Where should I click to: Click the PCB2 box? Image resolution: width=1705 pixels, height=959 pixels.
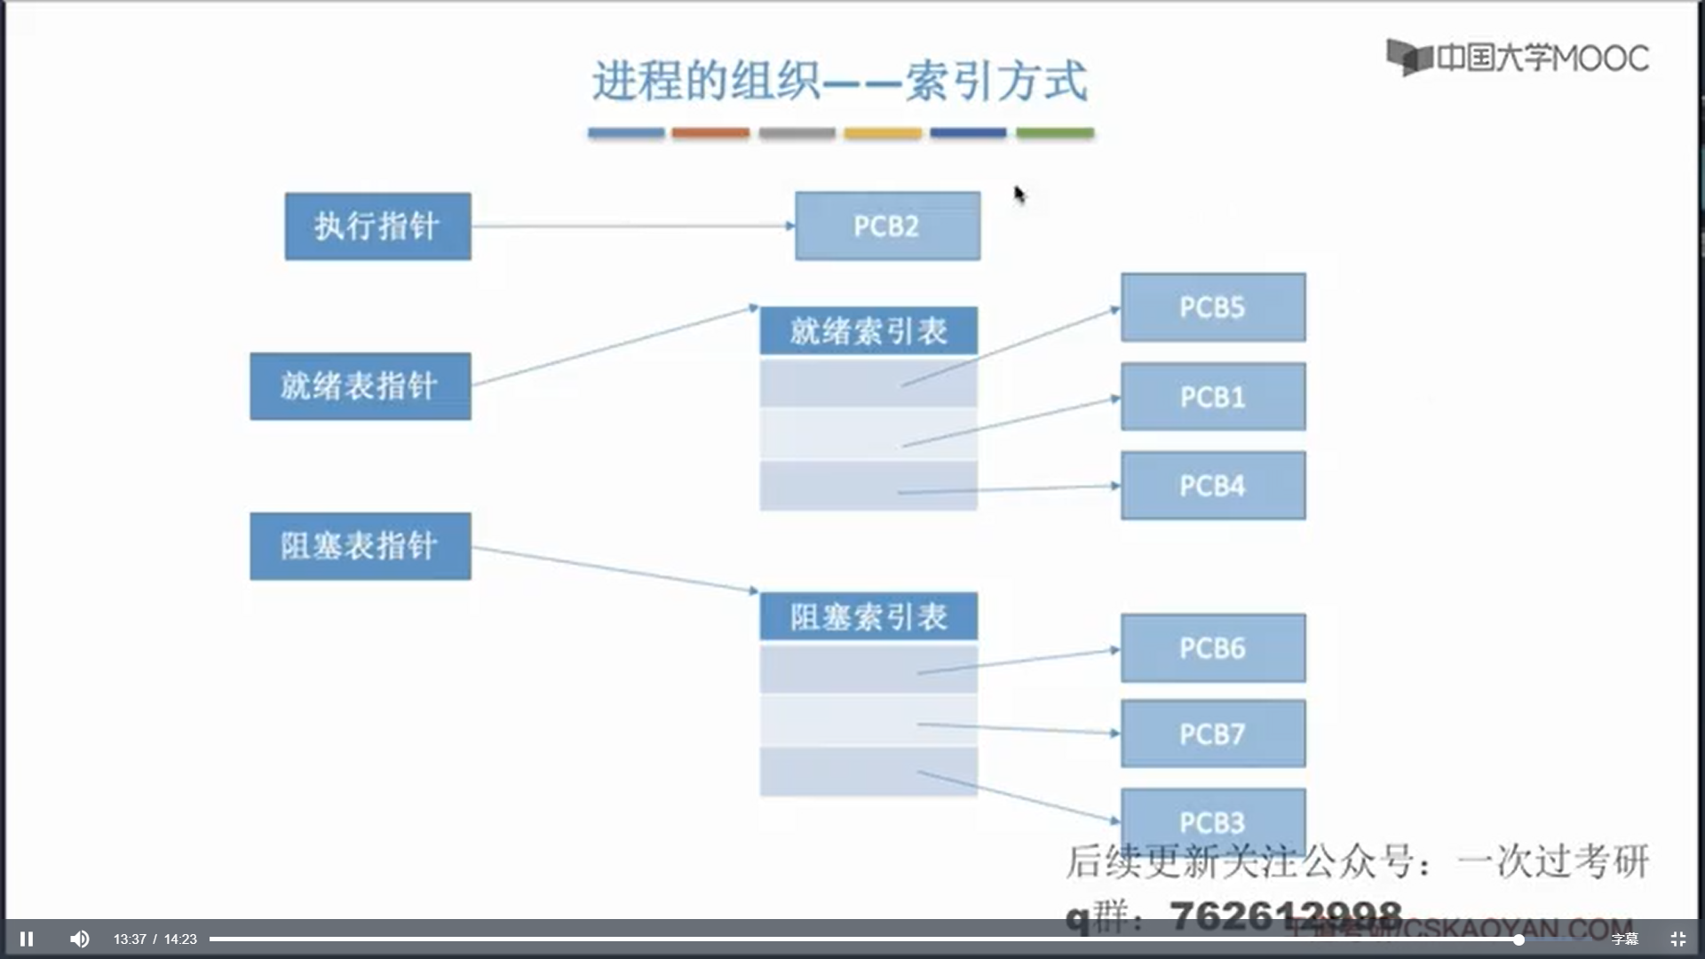pos(887,226)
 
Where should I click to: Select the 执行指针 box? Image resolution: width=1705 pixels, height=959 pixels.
pos(377,226)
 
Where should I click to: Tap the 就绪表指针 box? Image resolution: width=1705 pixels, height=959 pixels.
pos(360,386)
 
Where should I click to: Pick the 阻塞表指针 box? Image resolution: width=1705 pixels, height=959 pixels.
pos(360,546)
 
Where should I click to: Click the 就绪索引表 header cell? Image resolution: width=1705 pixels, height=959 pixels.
pos(868,331)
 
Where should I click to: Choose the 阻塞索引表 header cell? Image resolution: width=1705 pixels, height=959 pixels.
pos(868,616)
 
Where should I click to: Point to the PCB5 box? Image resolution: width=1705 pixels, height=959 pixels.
pos(1213,307)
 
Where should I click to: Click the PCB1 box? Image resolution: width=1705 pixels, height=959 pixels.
pos(1213,397)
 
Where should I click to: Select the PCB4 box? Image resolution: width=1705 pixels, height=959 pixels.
pos(1213,486)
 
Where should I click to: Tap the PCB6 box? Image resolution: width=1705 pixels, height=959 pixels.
pos(1213,648)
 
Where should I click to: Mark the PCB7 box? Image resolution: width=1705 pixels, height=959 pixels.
pos(1213,734)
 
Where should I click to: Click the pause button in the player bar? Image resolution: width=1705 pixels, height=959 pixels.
pos(27,939)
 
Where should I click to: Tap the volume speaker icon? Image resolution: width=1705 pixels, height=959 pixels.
pos(80,939)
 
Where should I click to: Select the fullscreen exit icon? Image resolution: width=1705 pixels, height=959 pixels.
pos(1677,939)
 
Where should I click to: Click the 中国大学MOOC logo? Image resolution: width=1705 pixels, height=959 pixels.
pos(1518,58)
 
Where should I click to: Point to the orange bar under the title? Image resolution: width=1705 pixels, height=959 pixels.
pos(710,133)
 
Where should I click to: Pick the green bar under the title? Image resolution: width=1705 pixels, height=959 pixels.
pos(1055,133)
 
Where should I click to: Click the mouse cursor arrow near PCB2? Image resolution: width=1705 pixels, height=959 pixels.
pos(1019,194)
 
